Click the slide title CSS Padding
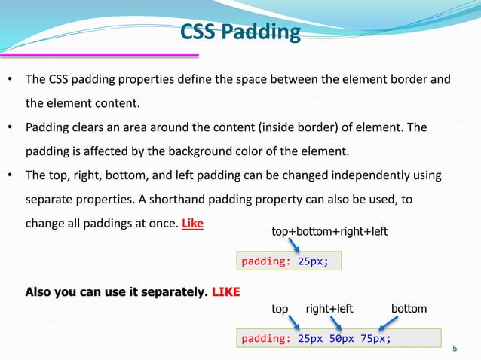click(240, 33)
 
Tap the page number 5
click(455, 348)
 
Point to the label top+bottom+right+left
click(329, 232)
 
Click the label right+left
click(329, 309)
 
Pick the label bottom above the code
click(409, 309)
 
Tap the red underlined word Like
click(192, 224)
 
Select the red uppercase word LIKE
click(225, 291)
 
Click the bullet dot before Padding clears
click(11, 127)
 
